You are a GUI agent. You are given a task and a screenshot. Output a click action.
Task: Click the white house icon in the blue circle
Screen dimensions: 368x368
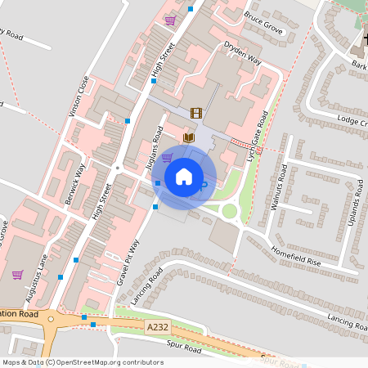(184, 177)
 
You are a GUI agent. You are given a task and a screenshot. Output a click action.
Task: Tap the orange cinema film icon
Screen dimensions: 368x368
(195, 114)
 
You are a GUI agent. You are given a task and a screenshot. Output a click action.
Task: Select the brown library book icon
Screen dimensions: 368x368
(189, 138)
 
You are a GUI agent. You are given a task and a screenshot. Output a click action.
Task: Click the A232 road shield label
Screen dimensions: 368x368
(158, 327)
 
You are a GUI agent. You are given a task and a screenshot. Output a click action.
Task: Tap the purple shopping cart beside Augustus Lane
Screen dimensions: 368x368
(17, 276)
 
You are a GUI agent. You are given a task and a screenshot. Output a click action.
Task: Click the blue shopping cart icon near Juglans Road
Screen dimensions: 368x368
(167, 158)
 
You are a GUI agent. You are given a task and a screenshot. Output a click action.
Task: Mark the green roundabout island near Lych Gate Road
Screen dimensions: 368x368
(230, 211)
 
